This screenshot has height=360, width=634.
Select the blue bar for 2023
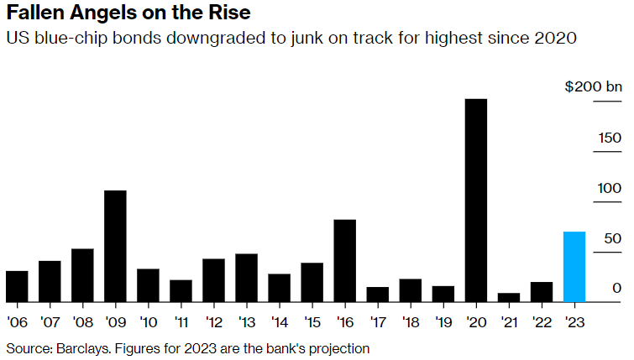[574, 266]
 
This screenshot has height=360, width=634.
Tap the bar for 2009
[115, 246]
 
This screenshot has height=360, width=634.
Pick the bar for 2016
[344, 260]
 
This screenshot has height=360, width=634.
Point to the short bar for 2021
[509, 297]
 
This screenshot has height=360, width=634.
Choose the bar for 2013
[246, 277]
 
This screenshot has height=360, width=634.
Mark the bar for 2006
[17, 286]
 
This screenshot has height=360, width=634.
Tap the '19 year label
[443, 322]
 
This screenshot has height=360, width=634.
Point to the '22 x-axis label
[542, 322]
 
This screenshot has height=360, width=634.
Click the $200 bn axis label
[594, 86]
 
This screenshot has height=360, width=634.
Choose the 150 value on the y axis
[609, 138]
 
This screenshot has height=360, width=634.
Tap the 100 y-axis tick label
[609, 188]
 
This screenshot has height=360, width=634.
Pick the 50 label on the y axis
[612, 238]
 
